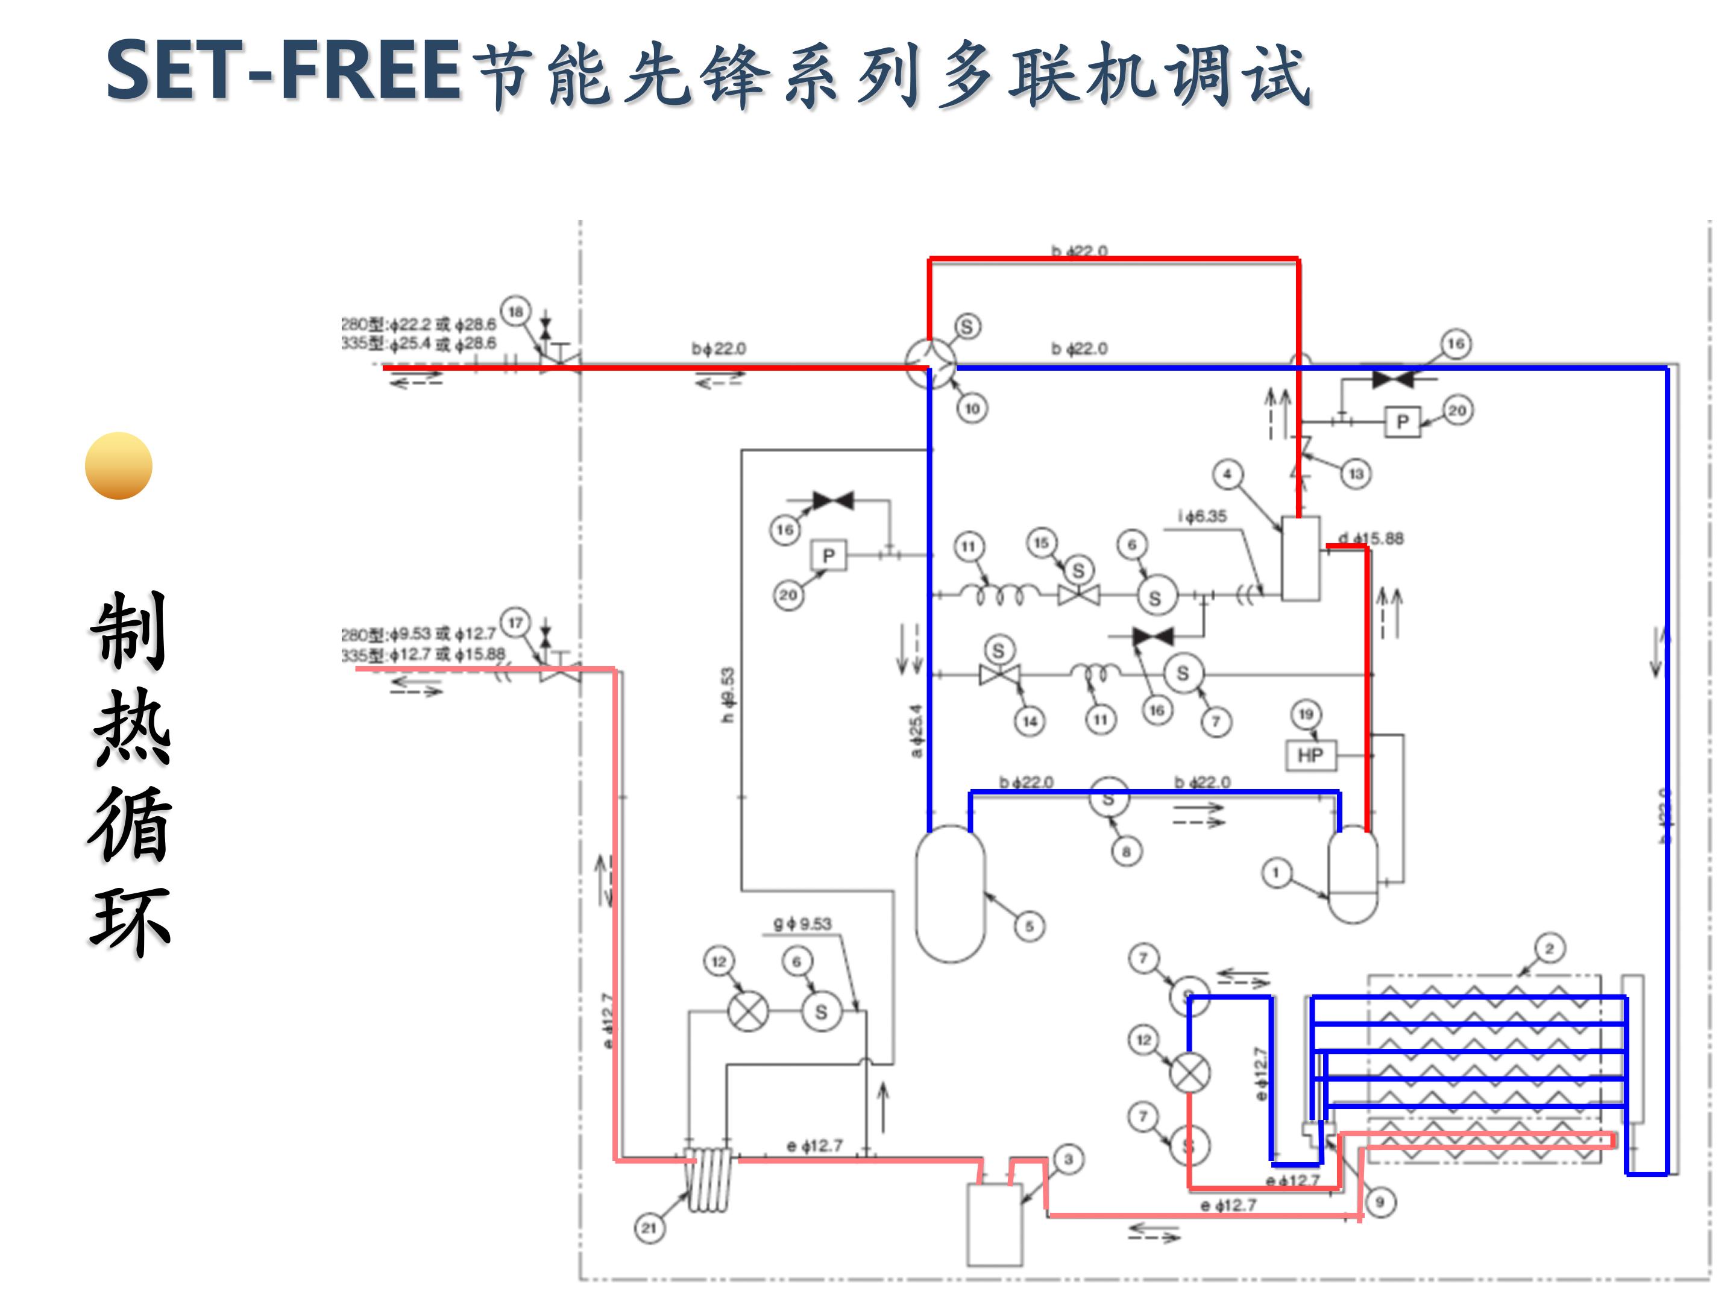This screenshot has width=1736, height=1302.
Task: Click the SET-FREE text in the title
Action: pos(283,71)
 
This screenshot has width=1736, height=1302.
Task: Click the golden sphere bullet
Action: pos(119,465)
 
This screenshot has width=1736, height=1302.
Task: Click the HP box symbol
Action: pos(1310,755)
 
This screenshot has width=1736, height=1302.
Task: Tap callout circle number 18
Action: pos(515,312)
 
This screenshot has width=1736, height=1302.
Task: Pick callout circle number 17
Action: pos(515,623)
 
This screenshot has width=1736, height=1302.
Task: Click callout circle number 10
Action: pos(972,408)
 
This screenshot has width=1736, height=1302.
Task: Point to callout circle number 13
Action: pos(1356,474)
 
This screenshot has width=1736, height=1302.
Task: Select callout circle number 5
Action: pos(1030,926)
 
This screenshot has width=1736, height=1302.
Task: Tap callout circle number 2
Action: pos(1549,948)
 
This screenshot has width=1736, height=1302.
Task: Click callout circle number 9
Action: pos(1380,1201)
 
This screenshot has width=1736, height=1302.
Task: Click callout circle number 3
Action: pos(1068,1159)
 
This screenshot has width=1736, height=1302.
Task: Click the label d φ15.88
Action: pos(1371,538)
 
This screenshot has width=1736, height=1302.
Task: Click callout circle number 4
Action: pos(1227,474)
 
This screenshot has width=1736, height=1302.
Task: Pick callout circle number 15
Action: pos(1042,542)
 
